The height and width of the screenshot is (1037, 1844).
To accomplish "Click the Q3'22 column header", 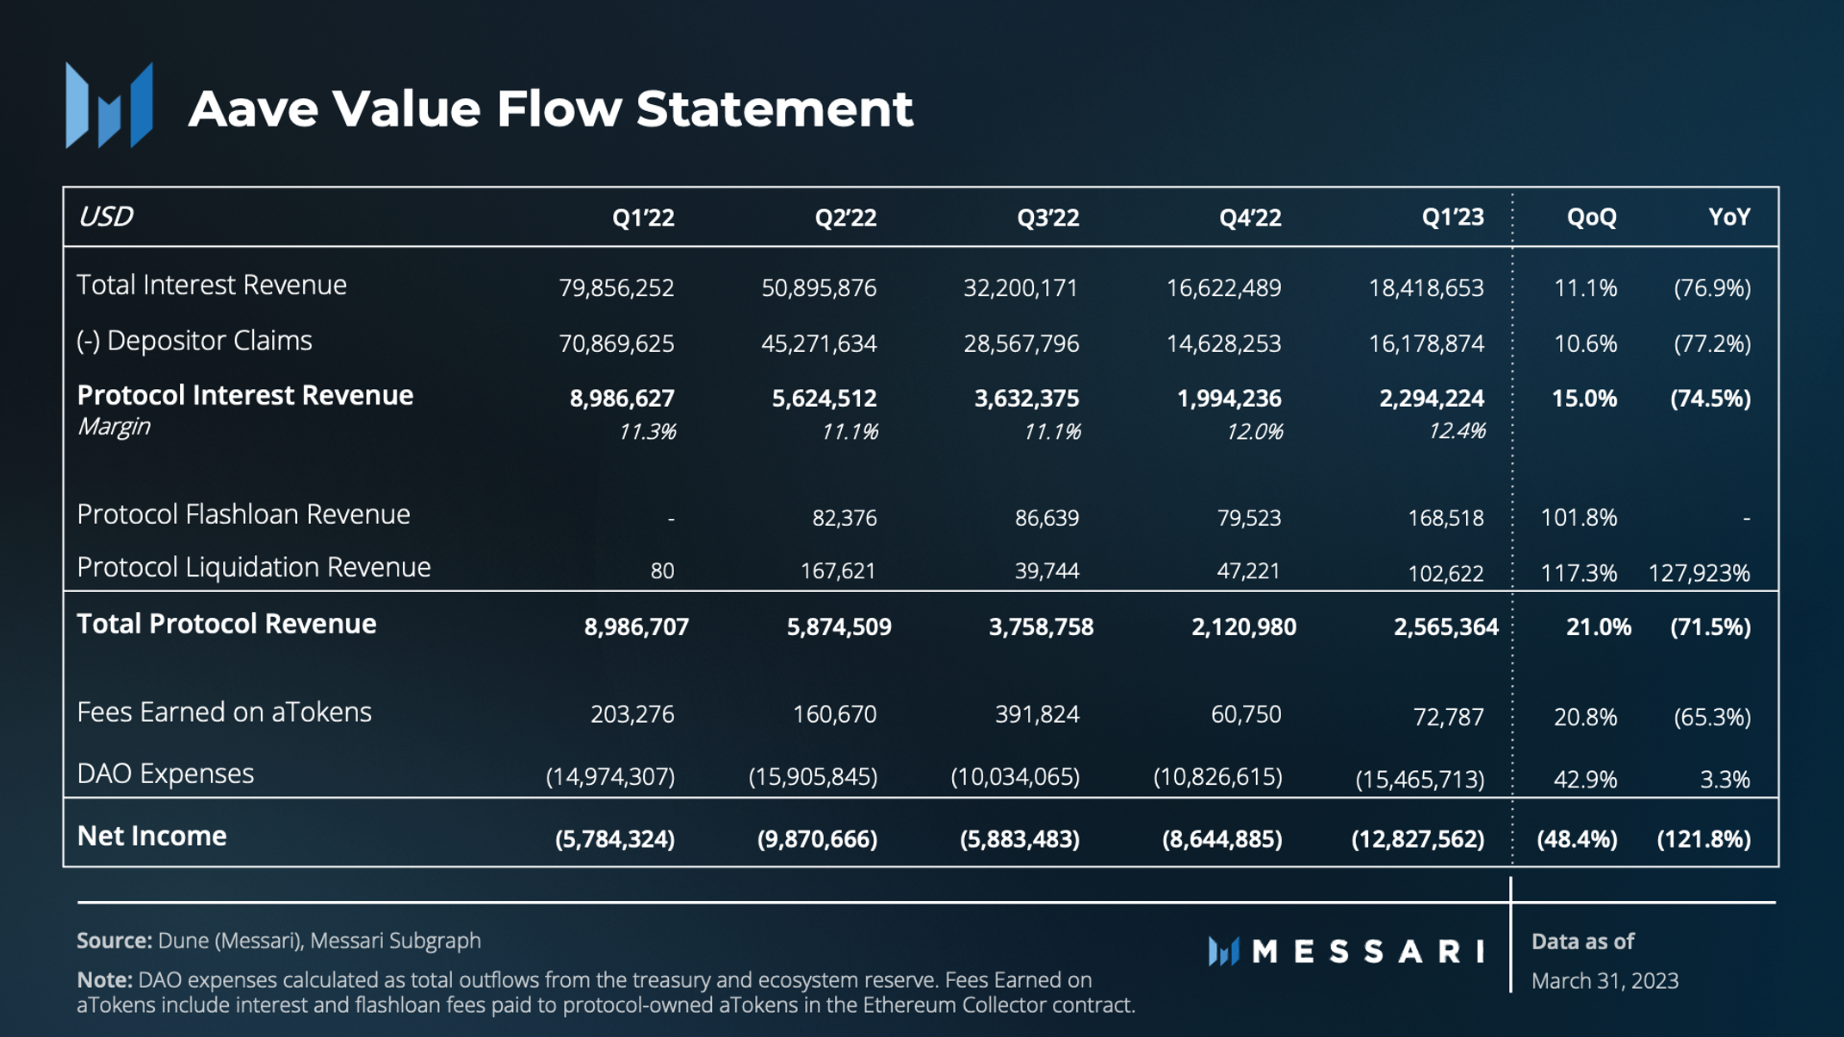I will pos(1047,217).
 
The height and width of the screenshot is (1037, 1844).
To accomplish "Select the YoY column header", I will pos(1729,217).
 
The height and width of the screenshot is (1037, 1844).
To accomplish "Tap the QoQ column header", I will pos(1591,217).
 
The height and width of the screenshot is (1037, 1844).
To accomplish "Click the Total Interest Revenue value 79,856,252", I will pos(616,287).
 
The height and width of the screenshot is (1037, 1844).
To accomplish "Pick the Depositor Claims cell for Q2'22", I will pos(819,343).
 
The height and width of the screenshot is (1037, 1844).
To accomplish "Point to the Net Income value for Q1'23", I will pos(1418,838).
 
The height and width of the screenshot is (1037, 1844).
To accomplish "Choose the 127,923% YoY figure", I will pos(1699,572).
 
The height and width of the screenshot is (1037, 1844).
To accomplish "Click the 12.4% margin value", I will pos(1457,431).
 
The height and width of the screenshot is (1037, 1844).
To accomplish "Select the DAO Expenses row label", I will pos(165,774).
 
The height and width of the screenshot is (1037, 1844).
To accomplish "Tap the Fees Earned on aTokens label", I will pos(224,713).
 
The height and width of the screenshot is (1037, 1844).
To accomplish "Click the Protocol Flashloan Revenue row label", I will pos(244,515).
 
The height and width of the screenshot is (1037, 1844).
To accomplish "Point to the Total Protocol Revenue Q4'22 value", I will pos(1243,627).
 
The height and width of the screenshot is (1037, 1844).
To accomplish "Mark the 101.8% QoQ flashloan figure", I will pos(1579,517).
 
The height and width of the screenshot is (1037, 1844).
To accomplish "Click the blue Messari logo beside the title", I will pos(109,106).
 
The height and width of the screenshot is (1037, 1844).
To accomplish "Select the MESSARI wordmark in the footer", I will pos(1367,951).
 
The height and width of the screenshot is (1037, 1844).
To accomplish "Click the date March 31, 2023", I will pos(1605,980).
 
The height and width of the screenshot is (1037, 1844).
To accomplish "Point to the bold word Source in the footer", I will pos(114,941).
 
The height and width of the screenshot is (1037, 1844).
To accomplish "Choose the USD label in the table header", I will pos(105,216).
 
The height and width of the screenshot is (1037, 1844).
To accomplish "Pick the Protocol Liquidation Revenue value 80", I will pos(662,571).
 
